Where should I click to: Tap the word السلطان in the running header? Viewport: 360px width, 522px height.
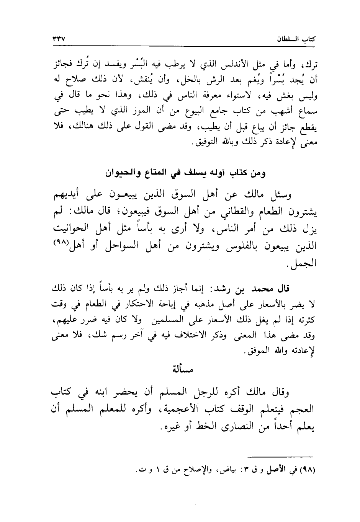click(287, 39)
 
